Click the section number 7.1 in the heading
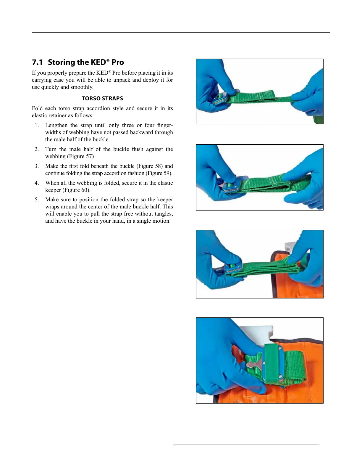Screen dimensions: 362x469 (x=37, y=62)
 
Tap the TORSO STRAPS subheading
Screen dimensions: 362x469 (x=102, y=99)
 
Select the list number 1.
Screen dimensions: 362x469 (x=37, y=125)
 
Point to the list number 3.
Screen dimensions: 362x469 (x=37, y=166)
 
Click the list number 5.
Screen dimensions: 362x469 (x=37, y=200)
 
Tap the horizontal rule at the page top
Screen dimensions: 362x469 (x=181, y=32)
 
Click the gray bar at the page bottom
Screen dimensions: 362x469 (x=246, y=444)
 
